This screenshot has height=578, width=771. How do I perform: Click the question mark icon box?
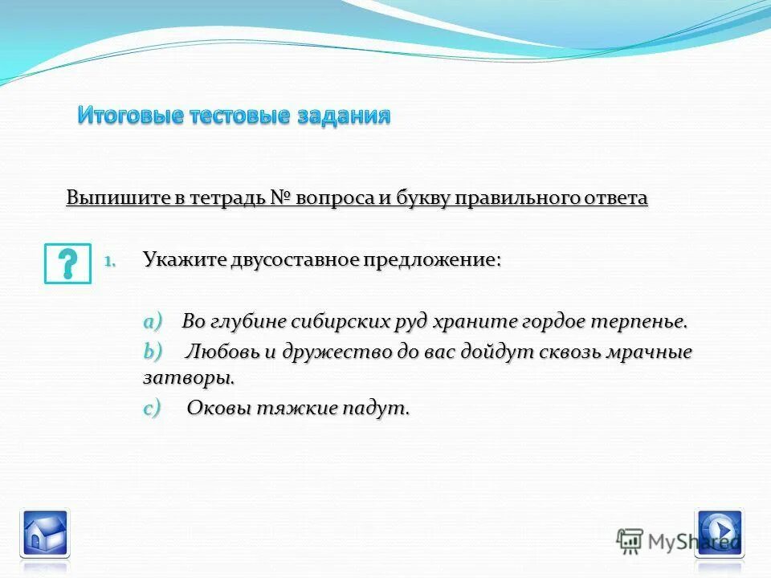[67, 263]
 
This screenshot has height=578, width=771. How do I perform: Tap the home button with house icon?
[45, 531]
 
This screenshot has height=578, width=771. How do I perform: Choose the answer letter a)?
[153, 321]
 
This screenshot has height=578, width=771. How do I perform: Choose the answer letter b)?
[153, 352]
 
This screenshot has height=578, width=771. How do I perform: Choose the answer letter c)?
[152, 408]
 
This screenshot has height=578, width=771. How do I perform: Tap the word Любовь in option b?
[221, 352]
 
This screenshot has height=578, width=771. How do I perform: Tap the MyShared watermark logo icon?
[630, 540]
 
